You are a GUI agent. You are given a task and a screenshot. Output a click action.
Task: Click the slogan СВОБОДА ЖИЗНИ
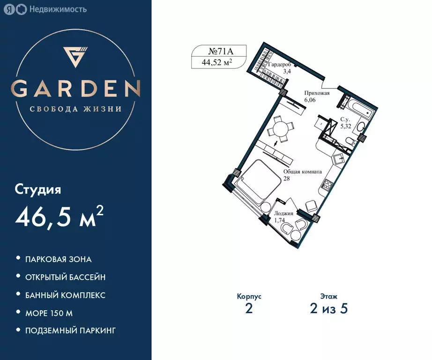point(76,109)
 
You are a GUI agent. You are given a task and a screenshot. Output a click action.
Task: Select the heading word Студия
point(38,190)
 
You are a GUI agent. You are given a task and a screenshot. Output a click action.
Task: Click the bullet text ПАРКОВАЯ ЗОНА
point(59,259)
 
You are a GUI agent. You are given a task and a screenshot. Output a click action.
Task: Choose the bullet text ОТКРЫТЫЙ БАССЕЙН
point(66,277)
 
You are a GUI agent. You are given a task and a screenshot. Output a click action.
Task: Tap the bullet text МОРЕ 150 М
point(49,313)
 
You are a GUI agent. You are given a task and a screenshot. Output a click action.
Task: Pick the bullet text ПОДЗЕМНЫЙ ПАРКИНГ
point(71,331)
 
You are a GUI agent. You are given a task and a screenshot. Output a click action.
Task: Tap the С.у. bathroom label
point(345,120)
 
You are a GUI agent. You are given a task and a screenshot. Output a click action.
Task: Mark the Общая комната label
point(302,172)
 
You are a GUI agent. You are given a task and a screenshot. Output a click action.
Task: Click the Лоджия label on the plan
point(284,214)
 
